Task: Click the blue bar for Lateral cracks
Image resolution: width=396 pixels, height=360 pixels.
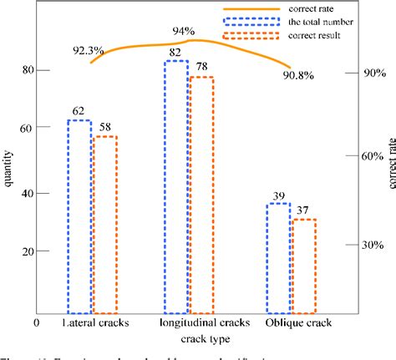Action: point(79,215)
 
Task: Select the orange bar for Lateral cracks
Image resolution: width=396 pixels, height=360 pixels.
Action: point(104,222)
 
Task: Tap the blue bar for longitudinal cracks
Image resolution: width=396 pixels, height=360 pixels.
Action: point(175,185)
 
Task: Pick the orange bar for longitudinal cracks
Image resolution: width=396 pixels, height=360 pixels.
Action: point(201,193)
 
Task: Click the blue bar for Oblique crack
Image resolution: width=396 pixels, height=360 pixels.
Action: point(277,256)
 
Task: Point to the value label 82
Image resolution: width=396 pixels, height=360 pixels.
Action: point(175,53)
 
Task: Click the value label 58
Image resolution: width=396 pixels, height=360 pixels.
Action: point(104,127)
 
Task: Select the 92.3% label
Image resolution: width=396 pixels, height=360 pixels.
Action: point(88,51)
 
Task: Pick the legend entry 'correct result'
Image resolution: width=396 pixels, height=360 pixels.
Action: point(314,38)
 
